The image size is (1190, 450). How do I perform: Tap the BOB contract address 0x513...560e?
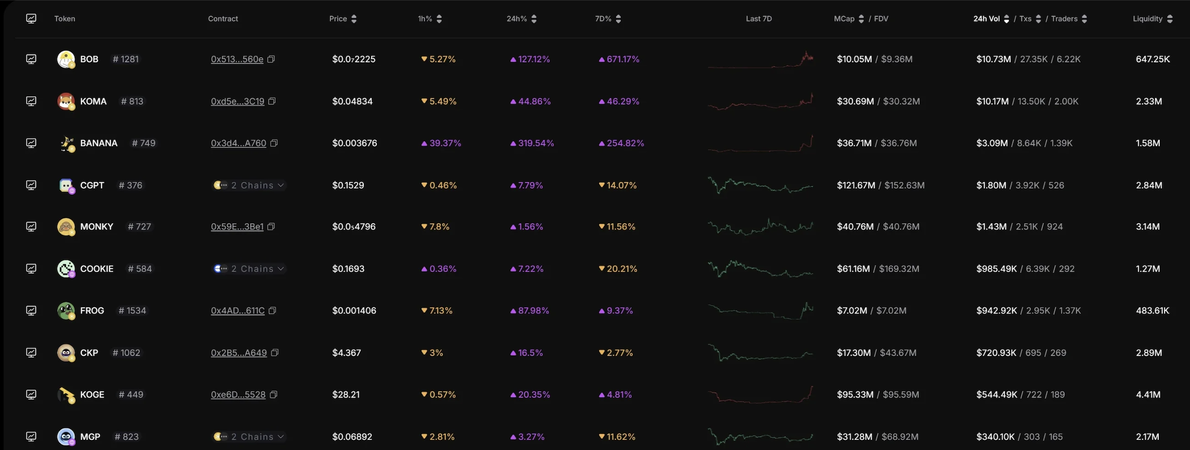tap(237, 59)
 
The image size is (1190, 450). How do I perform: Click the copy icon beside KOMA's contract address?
tap(272, 101)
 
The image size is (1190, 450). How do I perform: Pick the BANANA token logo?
tap(66, 143)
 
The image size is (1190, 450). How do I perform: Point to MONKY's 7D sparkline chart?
tap(760, 227)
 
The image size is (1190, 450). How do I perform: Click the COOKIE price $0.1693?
tap(348, 269)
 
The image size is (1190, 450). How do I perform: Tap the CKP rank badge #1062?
tap(126, 353)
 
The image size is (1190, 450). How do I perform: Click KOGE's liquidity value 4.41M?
tap(1148, 394)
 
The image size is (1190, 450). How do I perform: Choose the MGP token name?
tap(90, 436)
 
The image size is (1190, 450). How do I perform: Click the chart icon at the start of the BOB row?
tap(31, 59)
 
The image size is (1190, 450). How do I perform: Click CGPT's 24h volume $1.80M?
tap(991, 185)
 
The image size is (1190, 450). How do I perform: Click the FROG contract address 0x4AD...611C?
tap(238, 311)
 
